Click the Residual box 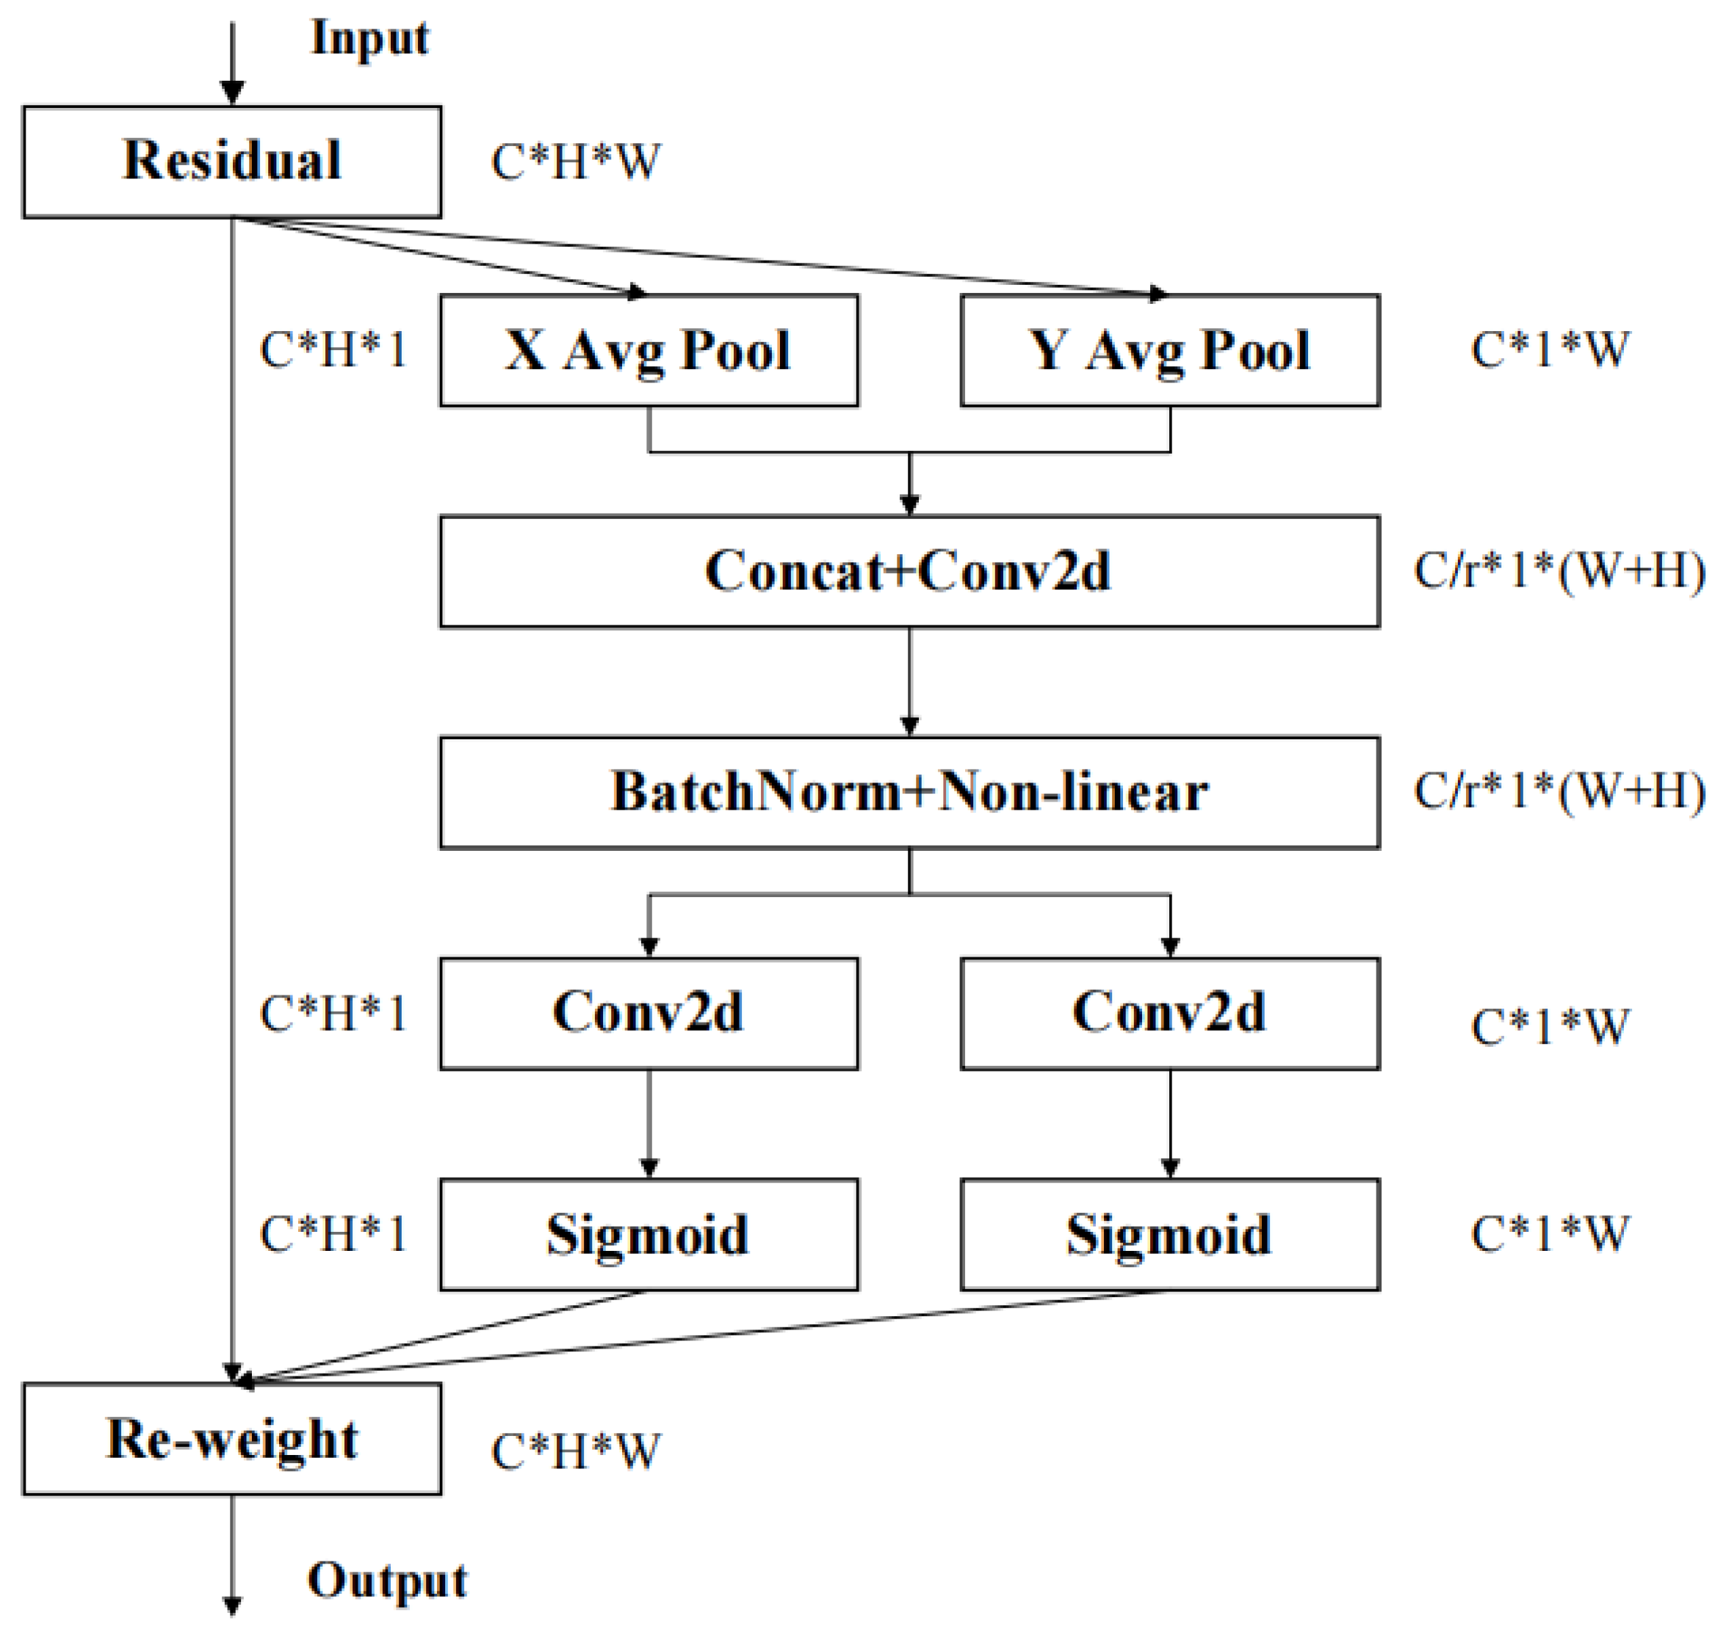click(x=232, y=162)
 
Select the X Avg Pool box click(x=648, y=351)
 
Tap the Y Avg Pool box click(x=1169, y=351)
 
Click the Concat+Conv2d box click(x=909, y=572)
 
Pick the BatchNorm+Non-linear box click(x=909, y=793)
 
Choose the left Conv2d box click(x=648, y=1013)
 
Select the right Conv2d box click(x=1169, y=1013)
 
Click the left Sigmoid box click(x=648, y=1235)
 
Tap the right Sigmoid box click(x=1169, y=1235)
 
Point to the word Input click(x=370, y=39)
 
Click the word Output click(x=387, y=1580)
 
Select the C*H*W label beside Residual click(x=575, y=162)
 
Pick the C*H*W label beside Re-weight click(x=575, y=1451)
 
